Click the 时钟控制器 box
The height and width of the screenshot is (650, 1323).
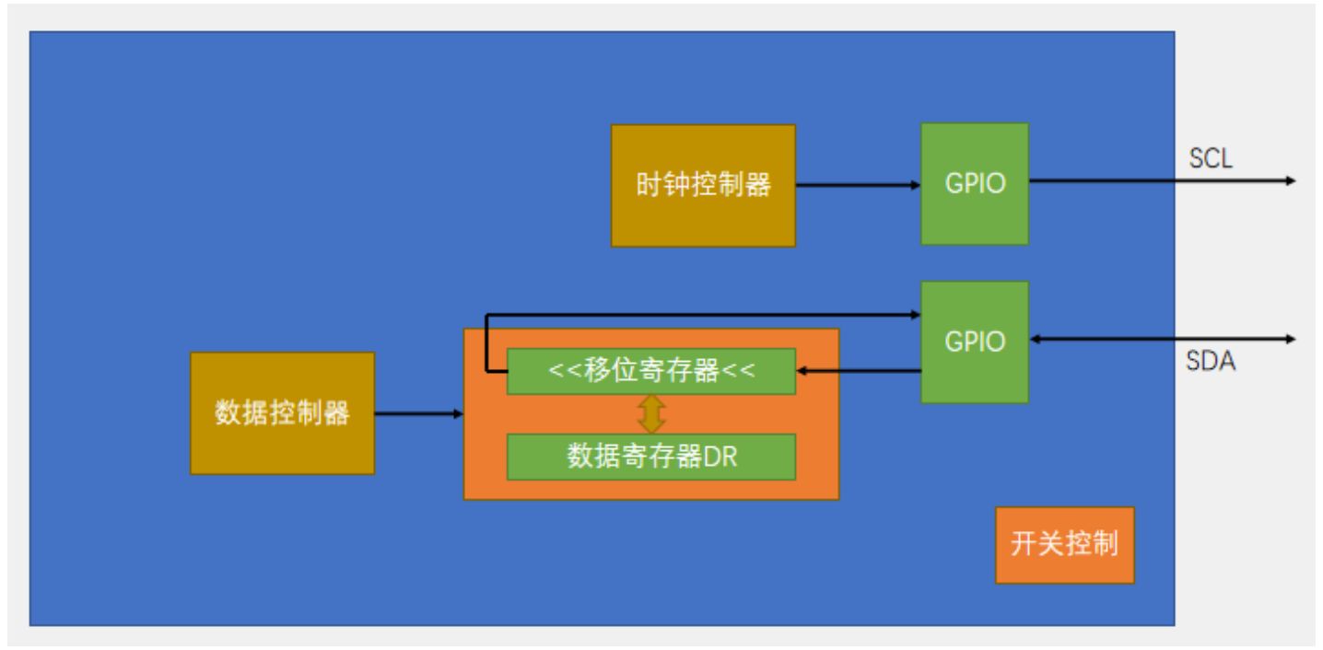(x=703, y=186)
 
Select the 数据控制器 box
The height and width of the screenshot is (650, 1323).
(x=282, y=413)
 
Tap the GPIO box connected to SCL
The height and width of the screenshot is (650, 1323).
(x=975, y=183)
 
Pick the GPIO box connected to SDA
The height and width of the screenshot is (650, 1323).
(x=975, y=342)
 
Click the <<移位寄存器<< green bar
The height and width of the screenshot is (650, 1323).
(x=651, y=371)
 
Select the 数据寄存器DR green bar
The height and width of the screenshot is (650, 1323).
(x=651, y=457)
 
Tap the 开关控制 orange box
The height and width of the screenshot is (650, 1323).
(x=1064, y=545)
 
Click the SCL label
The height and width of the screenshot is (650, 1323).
(x=1211, y=159)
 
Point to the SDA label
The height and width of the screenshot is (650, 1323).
(x=1211, y=362)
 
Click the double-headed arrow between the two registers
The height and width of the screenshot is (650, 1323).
(x=651, y=414)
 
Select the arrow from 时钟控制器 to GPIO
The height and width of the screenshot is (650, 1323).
(x=857, y=185)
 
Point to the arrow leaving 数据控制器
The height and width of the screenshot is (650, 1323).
(x=419, y=414)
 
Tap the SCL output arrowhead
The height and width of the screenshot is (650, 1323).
(x=1290, y=180)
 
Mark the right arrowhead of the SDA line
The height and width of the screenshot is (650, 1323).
(x=1290, y=339)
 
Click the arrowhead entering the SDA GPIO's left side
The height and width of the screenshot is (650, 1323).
(x=915, y=315)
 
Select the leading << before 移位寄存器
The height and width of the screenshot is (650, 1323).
(x=560, y=372)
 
